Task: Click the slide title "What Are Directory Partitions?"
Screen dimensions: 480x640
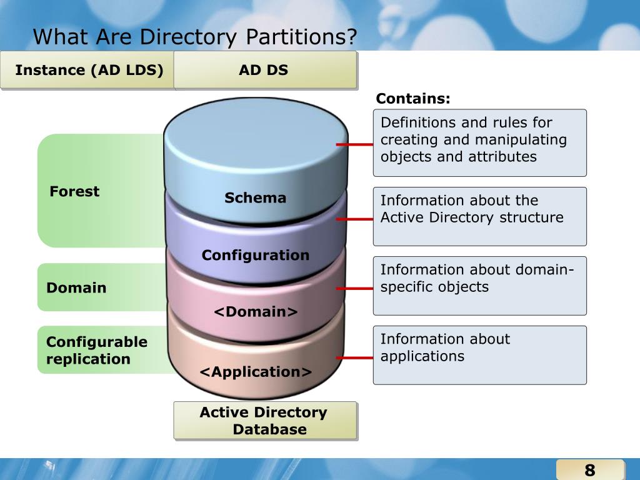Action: click(195, 37)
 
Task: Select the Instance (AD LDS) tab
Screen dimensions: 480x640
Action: click(89, 70)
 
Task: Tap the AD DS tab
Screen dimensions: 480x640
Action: click(264, 70)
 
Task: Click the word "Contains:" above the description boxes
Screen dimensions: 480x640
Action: click(412, 99)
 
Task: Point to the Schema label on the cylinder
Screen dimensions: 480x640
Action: click(255, 198)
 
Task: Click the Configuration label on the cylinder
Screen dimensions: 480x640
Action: click(255, 255)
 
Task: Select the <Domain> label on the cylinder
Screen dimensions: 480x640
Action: click(256, 311)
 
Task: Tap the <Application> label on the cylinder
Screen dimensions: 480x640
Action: click(256, 372)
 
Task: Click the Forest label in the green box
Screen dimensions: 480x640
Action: click(74, 191)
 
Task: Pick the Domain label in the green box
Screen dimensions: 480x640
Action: click(76, 287)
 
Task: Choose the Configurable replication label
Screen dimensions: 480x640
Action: click(97, 350)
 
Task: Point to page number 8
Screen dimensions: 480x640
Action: click(589, 470)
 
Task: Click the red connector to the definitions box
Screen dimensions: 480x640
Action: click(355, 144)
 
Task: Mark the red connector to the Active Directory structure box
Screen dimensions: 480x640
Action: click(355, 219)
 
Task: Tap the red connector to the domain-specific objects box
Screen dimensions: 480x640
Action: click(355, 289)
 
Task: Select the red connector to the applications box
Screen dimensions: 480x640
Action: click(355, 358)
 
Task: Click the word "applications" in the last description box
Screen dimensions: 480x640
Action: click(422, 356)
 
